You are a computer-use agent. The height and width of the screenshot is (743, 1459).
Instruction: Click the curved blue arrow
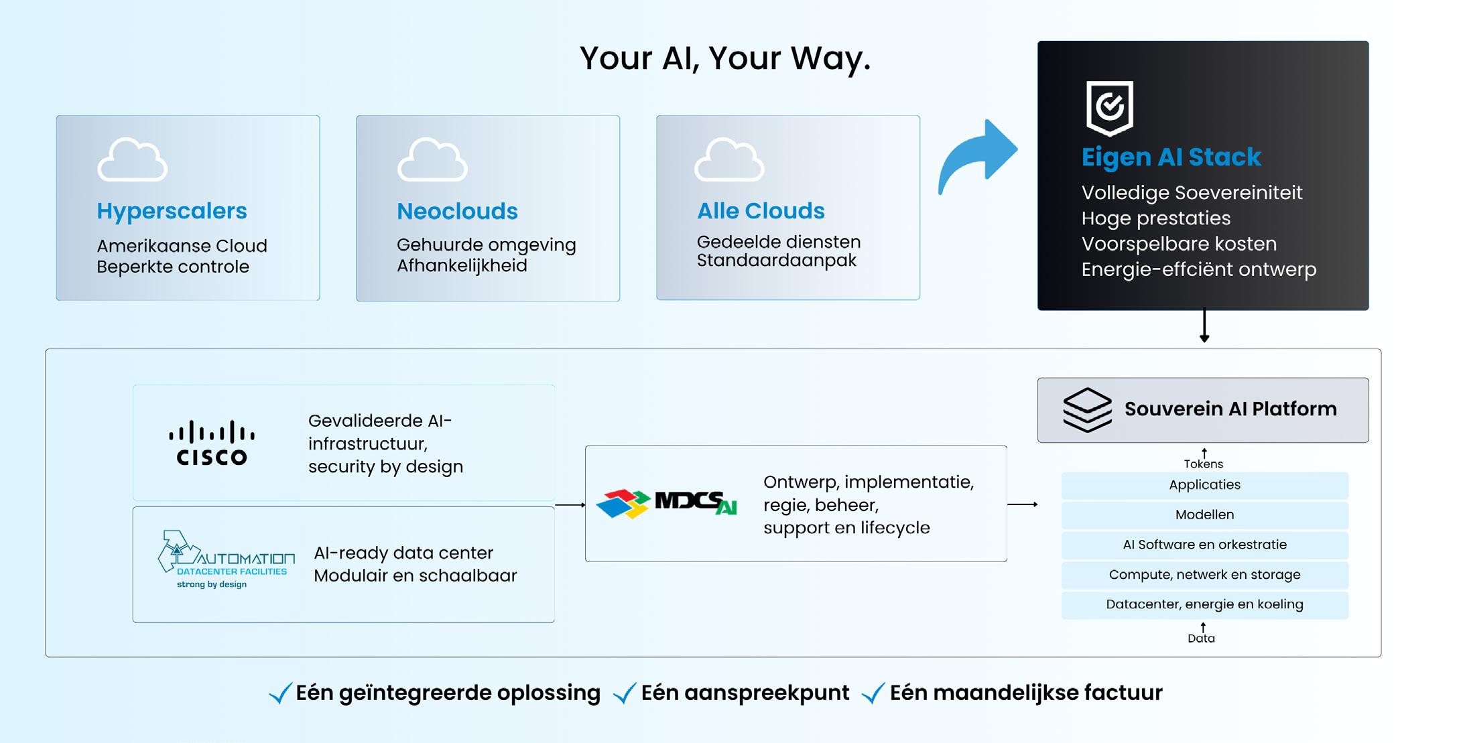click(x=978, y=155)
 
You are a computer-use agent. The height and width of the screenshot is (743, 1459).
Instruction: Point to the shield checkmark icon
click(x=1109, y=107)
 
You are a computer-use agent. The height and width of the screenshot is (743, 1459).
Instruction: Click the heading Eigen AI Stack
click(x=1171, y=157)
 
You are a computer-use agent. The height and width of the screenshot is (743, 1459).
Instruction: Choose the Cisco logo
click(x=212, y=442)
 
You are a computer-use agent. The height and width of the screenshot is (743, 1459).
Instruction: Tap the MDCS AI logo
click(x=666, y=504)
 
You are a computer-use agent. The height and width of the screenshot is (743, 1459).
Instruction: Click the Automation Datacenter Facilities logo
click(x=226, y=560)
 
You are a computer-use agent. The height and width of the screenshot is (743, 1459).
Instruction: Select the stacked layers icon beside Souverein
click(x=1087, y=409)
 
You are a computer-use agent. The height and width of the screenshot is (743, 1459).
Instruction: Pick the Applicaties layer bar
click(x=1204, y=485)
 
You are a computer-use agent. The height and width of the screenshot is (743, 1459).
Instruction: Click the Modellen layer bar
click(x=1204, y=515)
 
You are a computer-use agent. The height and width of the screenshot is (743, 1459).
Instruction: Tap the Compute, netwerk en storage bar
click(x=1204, y=575)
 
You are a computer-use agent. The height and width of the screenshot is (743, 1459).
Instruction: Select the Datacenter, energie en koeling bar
click(x=1204, y=604)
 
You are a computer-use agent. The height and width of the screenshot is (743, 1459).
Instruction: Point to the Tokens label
click(x=1203, y=464)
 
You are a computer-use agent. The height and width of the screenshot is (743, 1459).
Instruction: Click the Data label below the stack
click(x=1201, y=638)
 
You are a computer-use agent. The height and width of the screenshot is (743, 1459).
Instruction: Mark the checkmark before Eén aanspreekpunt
click(x=625, y=693)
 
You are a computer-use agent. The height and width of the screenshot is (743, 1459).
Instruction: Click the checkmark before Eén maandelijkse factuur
click(x=873, y=693)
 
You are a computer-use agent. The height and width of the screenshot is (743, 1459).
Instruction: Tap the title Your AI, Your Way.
click(x=725, y=58)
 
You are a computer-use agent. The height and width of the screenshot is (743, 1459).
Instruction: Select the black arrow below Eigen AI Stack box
click(x=1204, y=326)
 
